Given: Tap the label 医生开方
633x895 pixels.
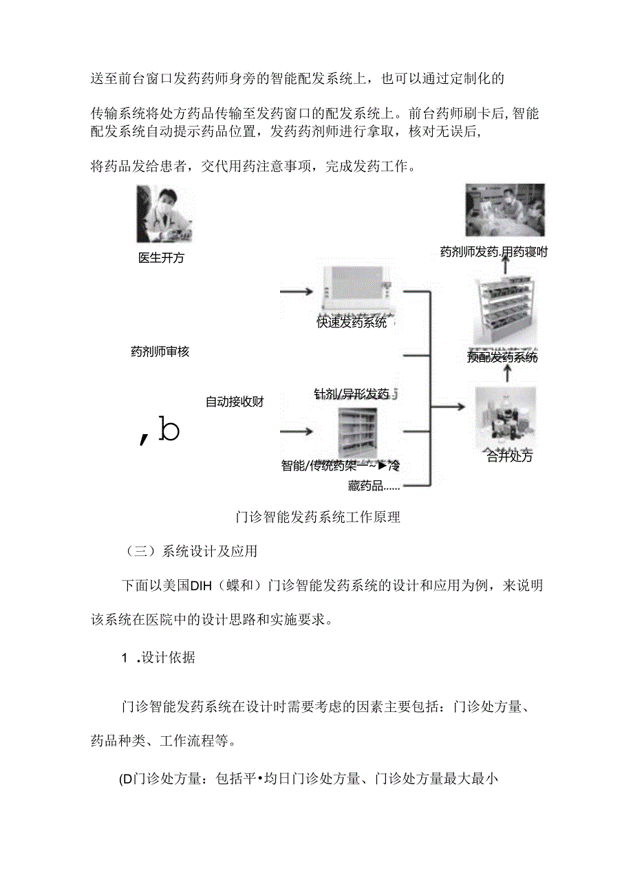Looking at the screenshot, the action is (161, 259).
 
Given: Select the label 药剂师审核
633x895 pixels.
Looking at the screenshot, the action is (160, 352).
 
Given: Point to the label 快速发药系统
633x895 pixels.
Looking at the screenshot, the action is (352, 322).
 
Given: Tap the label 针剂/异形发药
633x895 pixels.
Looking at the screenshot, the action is (352, 394).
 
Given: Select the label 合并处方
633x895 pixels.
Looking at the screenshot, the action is (509, 456).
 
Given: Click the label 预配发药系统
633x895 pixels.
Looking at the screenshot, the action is (502, 358).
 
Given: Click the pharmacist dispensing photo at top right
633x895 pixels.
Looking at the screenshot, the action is (505, 210).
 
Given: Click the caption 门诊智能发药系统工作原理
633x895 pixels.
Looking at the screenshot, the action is (317, 517).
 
